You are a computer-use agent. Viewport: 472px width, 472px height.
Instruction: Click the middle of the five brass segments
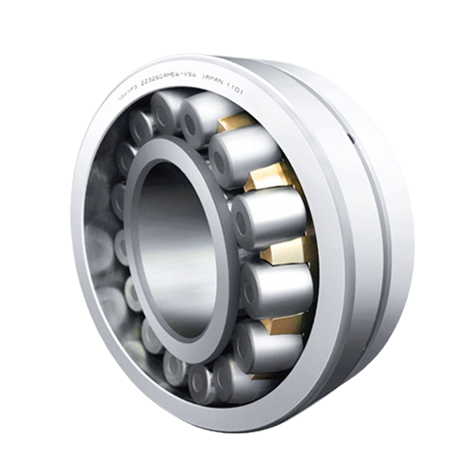287,249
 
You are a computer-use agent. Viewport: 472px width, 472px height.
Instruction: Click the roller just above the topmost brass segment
203,113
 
